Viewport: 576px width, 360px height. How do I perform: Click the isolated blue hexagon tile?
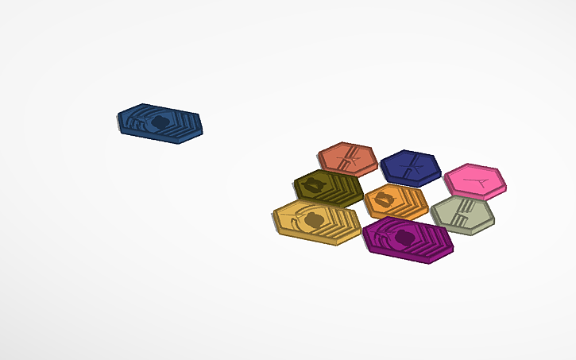160,123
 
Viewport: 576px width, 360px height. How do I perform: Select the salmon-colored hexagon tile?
347,158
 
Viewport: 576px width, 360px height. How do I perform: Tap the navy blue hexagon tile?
410,166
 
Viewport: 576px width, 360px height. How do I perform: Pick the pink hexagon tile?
475,181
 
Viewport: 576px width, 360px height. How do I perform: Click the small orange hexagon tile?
396,200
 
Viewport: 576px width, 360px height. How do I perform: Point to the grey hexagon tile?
462,214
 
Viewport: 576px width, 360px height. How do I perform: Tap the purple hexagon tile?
408,238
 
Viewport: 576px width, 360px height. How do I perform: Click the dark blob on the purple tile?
404,237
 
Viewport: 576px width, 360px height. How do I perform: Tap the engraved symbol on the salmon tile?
348,160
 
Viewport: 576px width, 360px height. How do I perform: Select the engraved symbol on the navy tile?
411,167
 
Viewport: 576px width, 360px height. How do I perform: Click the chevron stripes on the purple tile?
433,242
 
